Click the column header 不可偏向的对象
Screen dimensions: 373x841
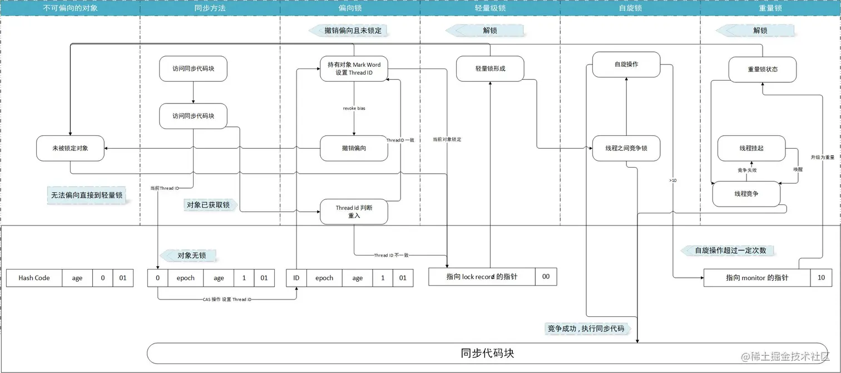[x=70, y=9]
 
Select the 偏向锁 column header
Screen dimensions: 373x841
[x=350, y=9]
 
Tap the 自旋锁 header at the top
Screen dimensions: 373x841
[x=630, y=9]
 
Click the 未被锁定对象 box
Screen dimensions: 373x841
[x=70, y=149]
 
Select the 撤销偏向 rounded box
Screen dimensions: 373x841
[x=354, y=149]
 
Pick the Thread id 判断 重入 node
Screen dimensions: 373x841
[x=354, y=212]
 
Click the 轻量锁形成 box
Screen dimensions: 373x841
[x=490, y=68]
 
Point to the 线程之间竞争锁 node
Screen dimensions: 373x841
[x=626, y=149]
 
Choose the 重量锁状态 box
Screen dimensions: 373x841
[x=762, y=69]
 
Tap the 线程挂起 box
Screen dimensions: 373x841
[x=751, y=149]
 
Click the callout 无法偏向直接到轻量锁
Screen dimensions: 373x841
[x=86, y=195]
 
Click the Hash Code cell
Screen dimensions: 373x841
[x=34, y=278]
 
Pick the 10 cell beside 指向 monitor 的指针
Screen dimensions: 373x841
[x=820, y=277]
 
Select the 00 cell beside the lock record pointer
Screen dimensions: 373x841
[x=546, y=276]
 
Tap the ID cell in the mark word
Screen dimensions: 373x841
[x=296, y=278]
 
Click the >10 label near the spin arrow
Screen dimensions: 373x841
[x=673, y=180]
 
